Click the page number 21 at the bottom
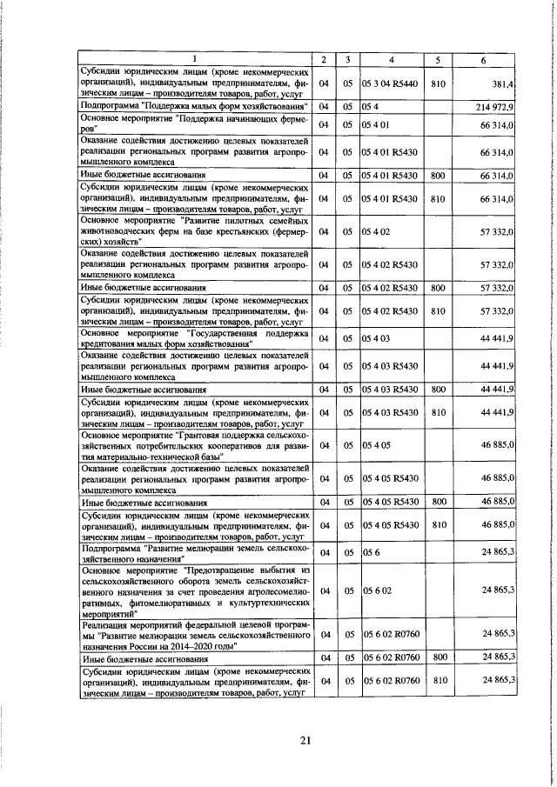[x=280, y=740]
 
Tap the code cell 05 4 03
[x=376, y=337]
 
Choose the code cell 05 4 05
[x=376, y=445]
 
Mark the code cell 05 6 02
[x=376, y=590]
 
